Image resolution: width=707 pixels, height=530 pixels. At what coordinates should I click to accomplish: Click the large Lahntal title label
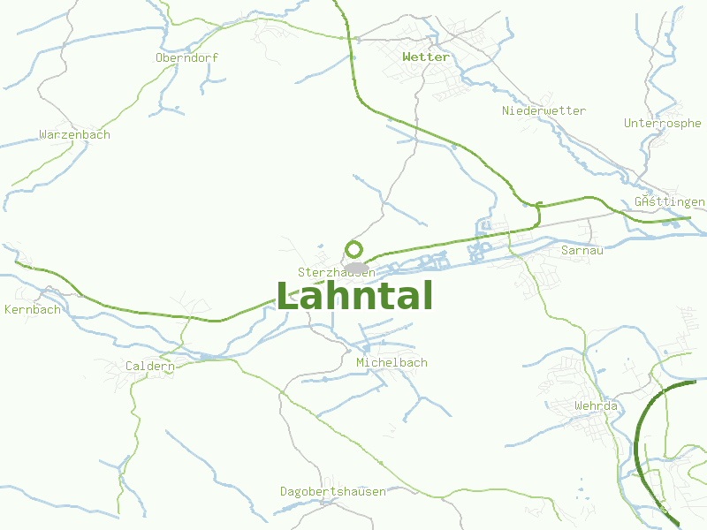tap(354, 296)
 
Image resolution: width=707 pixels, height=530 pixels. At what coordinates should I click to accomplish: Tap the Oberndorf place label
tap(186, 57)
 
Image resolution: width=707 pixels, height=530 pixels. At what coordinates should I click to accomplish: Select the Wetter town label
tap(425, 57)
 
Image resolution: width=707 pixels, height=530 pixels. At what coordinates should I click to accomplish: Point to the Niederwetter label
tap(544, 110)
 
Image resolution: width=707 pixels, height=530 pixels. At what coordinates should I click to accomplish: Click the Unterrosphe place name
tap(662, 123)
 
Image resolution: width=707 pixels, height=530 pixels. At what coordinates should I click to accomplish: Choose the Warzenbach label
tap(74, 134)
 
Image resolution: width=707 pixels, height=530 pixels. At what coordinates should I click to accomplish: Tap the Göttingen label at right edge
tap(669, 201)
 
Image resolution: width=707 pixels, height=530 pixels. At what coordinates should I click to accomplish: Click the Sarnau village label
tap(582, 250)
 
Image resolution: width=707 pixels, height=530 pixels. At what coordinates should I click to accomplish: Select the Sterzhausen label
tap(336, 273)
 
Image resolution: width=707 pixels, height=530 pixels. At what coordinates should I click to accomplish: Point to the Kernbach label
tap(33, 309)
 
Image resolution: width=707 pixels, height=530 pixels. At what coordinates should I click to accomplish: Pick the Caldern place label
tap(149, 365)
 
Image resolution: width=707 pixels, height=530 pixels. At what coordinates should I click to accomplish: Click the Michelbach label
tap(392, 362)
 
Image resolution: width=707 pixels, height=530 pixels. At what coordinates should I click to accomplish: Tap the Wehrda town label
tap(596, 405)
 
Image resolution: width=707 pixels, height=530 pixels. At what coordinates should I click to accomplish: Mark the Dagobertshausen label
tap(332, 490)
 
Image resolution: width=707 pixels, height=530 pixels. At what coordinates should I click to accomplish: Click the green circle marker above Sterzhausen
tap(354, 249)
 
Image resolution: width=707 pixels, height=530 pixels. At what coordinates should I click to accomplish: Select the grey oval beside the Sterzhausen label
tap(356, 267)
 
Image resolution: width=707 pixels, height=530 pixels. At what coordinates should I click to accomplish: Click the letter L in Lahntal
tap(289, 296)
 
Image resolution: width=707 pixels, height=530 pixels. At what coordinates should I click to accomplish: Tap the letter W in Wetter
tap(407, 57)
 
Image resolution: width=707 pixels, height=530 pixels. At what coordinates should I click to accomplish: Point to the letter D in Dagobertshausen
tap(284, 490)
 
